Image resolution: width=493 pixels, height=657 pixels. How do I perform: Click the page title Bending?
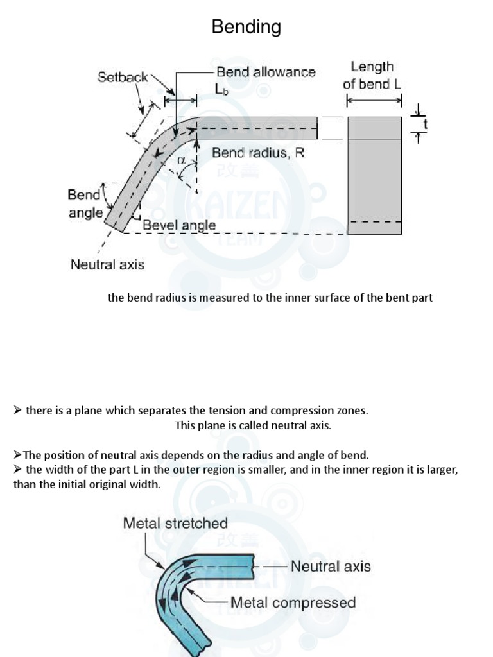pos(246,27)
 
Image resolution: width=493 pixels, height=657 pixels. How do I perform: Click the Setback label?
pos(123,77)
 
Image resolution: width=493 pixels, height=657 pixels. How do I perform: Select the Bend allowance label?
pos(266,72)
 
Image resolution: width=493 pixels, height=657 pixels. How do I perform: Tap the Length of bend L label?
pos(372,75)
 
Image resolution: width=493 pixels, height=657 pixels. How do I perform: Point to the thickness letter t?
pos(424,125)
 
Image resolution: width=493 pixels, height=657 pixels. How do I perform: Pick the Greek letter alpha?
pos(182,160)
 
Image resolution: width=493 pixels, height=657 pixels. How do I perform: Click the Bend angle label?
pos(85,203)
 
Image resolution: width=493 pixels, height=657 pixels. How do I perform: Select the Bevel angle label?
pos(179,225)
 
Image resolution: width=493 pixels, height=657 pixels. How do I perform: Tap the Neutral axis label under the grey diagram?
pos(107,264)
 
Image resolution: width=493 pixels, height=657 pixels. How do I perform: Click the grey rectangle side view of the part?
pos(374,176)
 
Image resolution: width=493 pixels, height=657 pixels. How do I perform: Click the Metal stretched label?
pos(175,523)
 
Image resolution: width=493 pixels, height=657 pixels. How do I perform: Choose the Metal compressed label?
pos(293,602)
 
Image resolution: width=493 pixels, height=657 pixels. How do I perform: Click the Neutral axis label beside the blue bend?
pos(331,566)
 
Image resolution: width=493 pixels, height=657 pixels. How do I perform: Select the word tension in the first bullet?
pos(205,411)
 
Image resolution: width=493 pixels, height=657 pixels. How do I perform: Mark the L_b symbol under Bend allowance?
pos(223,90)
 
